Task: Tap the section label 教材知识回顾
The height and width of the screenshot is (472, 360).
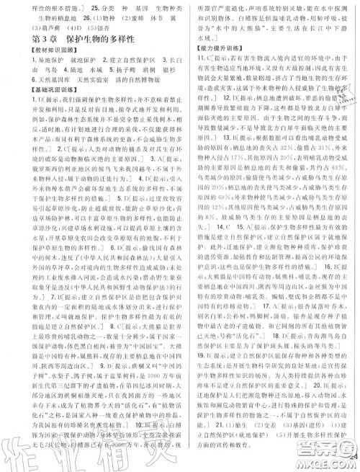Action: tap(37, 61)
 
